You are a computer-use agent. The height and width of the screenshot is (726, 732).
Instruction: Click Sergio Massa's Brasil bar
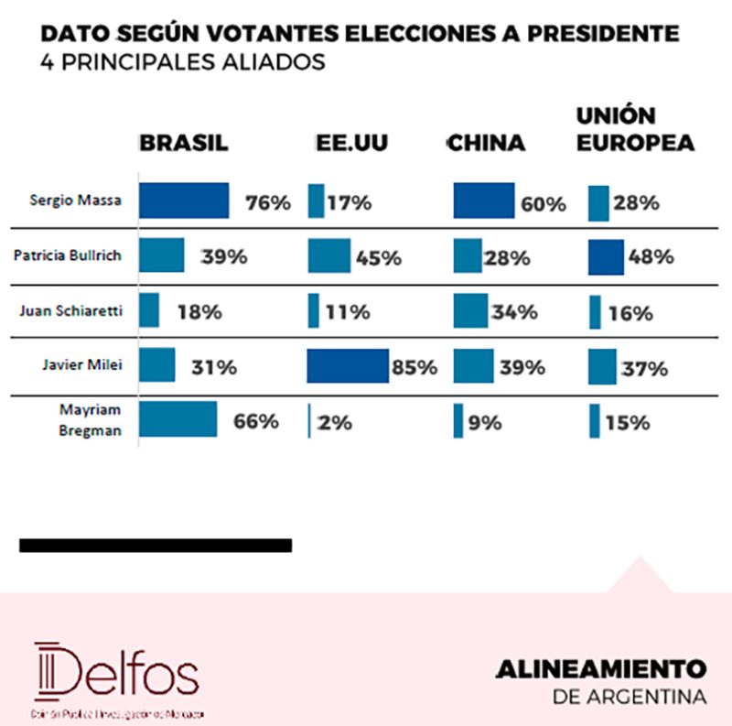coord(184,200)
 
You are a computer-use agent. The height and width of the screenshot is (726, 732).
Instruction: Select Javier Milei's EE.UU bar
coord(347,365)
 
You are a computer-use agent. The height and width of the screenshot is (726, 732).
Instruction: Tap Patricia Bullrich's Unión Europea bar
coord(606,257)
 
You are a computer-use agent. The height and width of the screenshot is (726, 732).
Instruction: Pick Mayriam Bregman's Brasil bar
coord(178,419)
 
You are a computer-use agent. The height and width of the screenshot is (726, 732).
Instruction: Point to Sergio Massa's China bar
coord(484,200)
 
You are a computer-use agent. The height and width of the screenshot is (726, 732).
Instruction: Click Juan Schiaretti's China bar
coord(470,310)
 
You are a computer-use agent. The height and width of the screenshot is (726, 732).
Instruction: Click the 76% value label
coord(267,203)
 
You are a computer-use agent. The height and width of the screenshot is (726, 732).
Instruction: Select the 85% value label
coord(414,368)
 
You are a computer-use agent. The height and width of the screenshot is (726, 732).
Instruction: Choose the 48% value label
coord(651,257)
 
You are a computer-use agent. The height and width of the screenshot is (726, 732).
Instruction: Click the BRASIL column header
coord(184,144)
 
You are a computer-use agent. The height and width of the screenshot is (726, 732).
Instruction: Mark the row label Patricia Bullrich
coord(69,256)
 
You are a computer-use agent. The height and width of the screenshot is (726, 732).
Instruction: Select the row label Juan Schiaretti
coord(71,311)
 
